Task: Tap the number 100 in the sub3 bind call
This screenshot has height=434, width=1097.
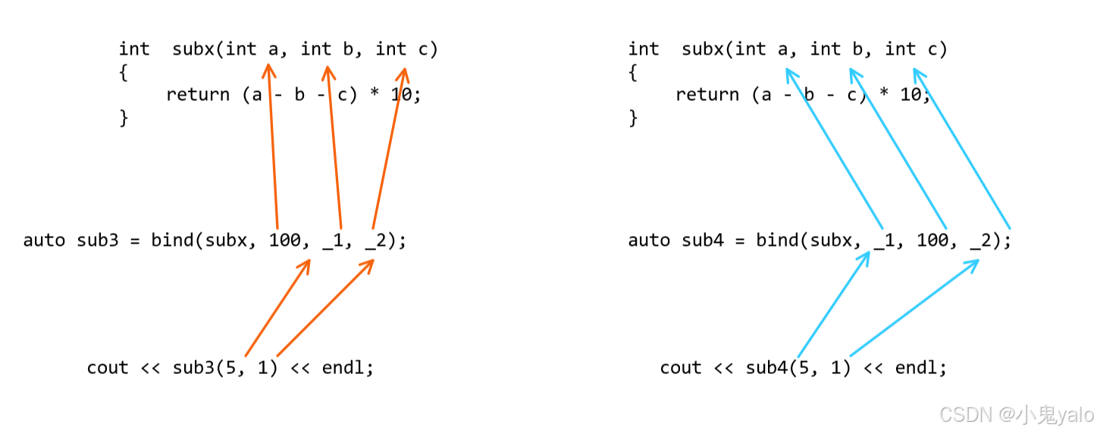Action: pos(284,241)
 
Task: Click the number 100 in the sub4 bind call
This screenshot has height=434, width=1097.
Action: pos(932,241)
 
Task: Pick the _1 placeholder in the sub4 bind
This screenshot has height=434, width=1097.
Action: pos(883,241)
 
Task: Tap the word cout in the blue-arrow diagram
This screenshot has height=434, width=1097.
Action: pos(681,368)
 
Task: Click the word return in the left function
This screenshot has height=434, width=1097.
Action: pos(198,95)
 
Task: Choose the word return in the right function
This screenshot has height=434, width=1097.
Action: pos(707,95)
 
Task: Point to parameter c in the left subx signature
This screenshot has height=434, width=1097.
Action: pos(422,49)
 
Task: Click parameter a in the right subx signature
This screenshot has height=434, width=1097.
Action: pos(783,49)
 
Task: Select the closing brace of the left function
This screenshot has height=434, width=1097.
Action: pos(124,118)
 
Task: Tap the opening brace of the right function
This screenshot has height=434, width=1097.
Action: pos(634,73)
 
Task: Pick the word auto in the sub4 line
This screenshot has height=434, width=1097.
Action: pos(649,241)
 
